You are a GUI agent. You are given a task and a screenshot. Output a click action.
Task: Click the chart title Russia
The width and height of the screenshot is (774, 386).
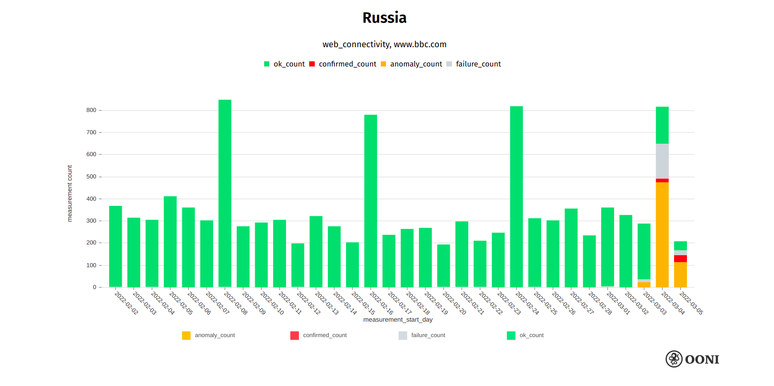tap(384, 18)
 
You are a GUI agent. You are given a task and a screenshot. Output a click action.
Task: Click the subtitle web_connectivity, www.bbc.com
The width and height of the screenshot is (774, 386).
tap(384, 45)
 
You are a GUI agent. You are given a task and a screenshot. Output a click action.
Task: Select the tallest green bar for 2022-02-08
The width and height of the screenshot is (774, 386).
tap(225, 193)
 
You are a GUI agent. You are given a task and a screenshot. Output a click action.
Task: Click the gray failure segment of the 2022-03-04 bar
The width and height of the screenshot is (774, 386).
tap(662, 161)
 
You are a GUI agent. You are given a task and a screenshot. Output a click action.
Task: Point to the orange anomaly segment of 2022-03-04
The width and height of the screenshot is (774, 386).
tap(662, 235)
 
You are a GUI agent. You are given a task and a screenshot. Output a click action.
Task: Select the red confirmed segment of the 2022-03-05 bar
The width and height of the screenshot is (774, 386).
tap(680, 259)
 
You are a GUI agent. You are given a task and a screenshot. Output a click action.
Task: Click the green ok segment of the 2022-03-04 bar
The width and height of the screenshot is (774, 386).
tap(662, 125)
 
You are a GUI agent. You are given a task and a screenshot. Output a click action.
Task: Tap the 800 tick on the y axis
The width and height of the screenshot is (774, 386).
tap(91, 110)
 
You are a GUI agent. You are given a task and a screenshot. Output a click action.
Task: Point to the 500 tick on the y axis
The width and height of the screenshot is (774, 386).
tap(91, 177)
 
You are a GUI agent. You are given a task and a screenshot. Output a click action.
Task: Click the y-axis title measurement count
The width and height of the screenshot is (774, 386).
tap(69, 193)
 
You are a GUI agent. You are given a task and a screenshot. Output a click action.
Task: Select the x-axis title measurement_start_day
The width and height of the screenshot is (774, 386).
tap(398, 320)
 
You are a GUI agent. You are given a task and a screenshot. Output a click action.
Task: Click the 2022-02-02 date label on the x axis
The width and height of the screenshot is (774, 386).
tap(126, 303)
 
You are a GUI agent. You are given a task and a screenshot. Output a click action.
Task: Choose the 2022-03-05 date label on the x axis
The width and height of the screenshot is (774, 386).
tap(691, 303)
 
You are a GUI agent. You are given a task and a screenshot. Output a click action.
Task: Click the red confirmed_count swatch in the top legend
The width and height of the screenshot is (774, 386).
tap(312, 64)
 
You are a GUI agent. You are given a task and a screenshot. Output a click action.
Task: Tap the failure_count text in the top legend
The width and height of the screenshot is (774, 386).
tap(478, 64)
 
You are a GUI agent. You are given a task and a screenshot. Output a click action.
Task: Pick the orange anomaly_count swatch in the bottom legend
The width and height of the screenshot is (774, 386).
tap(186, 335)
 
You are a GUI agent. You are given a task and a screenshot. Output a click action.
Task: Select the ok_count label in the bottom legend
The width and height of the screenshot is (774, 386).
tap(531, 335)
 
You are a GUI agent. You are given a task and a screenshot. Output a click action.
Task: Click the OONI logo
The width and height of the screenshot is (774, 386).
tap(692, 359)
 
